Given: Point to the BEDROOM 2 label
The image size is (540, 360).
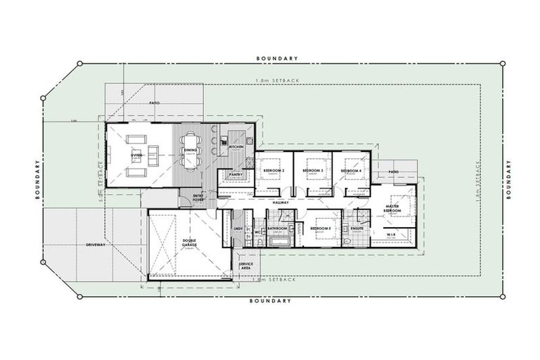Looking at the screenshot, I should click(274, 171).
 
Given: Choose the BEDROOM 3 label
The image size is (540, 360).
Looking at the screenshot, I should click(313, 171).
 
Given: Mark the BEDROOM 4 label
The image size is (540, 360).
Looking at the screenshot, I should click(352, 171).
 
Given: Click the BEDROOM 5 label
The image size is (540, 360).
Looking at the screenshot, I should click(321, 229).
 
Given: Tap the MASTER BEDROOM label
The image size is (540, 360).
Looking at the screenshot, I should click(392, 207).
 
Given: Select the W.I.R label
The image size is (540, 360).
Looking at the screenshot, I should click(392, 234).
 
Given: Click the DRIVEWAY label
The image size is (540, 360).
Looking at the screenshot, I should click(96, 245).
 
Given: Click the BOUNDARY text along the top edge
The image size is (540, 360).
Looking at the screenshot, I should click(277, 58).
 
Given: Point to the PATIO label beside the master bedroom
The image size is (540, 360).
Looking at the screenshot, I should click(394, 171).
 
